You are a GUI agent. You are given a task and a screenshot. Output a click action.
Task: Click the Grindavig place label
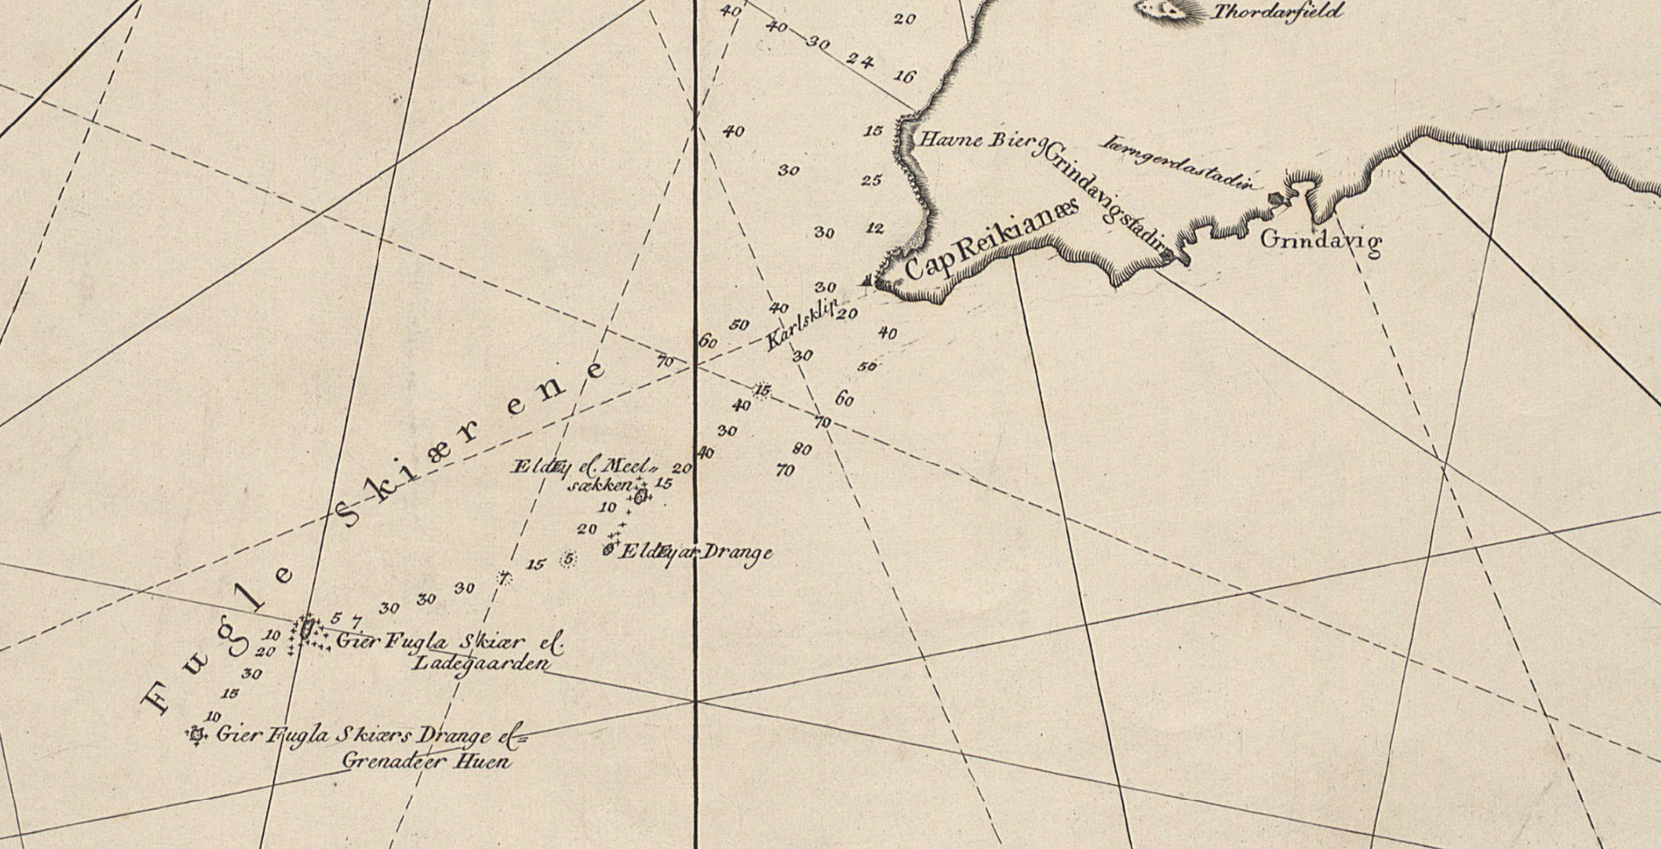(x=1321, y=242)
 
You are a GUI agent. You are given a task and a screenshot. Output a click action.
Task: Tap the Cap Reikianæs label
(x=991, y=239)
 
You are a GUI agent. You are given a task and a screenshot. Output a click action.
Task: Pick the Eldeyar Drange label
(x=696, y=551)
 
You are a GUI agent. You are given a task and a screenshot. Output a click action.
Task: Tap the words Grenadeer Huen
(x=426, y=760)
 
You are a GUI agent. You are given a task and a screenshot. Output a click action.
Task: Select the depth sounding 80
(x=801, y=450)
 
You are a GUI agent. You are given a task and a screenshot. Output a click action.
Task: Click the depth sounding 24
(x=860, y=61)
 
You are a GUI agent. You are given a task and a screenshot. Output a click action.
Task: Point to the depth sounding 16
(x=903, y=77)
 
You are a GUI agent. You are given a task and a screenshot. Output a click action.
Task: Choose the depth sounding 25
(x=871, y=181)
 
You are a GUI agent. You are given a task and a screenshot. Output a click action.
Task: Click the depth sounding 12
(x=875, y=227)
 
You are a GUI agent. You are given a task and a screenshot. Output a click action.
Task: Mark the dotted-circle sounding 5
(x=569, y=560)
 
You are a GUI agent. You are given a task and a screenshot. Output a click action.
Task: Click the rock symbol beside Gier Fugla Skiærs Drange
(x=196, y=733)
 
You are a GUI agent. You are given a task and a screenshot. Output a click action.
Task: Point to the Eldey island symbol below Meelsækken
(x=640, y=496)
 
